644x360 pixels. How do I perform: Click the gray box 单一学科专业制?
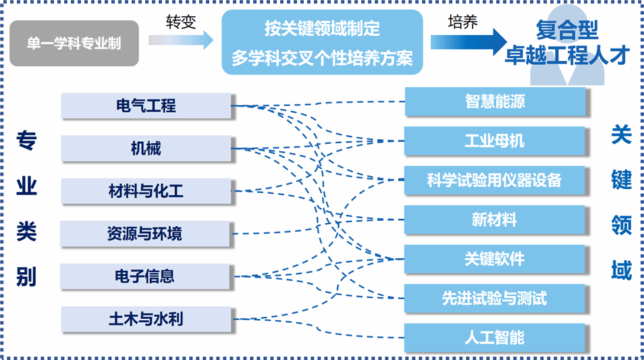74,43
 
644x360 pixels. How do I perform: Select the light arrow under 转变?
181,41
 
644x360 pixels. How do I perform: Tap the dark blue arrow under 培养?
468,42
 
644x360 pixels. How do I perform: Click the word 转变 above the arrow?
181,22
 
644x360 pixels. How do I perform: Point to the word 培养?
463,22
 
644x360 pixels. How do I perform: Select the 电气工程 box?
146,106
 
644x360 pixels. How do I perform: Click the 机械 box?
146,149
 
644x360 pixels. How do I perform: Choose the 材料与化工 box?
146,191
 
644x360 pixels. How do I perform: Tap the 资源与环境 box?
145,234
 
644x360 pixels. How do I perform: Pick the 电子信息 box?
145,276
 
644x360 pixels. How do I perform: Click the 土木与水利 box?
146,319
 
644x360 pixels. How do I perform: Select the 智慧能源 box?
495,101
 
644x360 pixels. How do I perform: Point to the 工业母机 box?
495,141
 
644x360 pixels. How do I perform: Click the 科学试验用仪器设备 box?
495,180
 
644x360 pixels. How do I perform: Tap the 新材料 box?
495,220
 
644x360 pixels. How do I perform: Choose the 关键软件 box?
495,259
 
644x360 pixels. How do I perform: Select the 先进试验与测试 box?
495,299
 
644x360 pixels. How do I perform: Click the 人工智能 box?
495,338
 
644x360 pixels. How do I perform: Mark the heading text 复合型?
567,30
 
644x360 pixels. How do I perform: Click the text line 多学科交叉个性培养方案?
323,58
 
